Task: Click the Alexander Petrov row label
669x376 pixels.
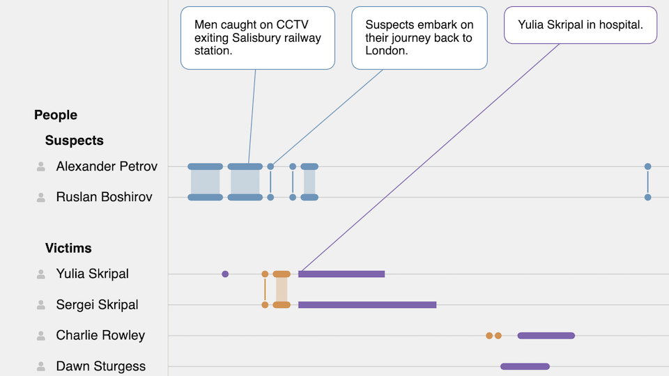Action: [x=107, y=166]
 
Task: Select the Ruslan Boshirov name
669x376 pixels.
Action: [x=104, y=197]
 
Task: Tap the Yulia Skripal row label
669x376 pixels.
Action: [x=92, y=274]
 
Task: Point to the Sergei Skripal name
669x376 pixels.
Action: [x=97, y=304]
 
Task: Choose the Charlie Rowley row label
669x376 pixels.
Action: [x=100, y=335]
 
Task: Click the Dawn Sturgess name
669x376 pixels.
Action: [x=100, y=366]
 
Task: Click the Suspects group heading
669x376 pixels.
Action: [x=74, y=141]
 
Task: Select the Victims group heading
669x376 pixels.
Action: [x=68, y=248]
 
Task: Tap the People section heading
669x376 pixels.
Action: [x=56, y=115]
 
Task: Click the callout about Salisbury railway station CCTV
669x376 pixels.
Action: [x=257, y=38]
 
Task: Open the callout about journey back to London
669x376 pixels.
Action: [x=419, y=38]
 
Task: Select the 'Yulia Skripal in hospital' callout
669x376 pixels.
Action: [x=580, y=25]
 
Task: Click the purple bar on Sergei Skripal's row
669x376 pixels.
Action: [x=367, y=304]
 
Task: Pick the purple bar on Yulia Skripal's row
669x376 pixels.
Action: [x=341, y=274]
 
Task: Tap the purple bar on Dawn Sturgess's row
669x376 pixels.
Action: [x=525, y=366]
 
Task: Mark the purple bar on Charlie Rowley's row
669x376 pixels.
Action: [x=546, y=336]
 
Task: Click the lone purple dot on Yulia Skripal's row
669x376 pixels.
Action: [x=225, y=274]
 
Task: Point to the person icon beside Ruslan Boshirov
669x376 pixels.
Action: [x=41, y=197]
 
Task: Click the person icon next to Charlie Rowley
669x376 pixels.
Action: [x=41, y=336]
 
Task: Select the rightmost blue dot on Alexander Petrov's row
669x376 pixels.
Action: [x=647, y=166]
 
